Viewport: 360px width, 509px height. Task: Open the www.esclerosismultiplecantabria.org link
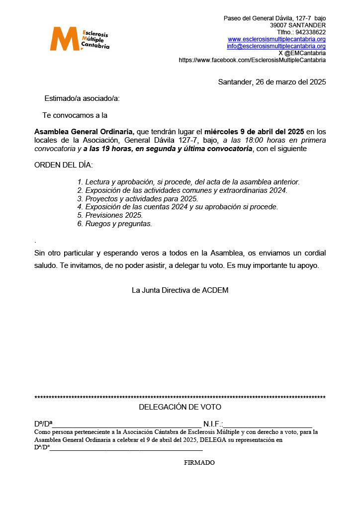pyautogui.click(x=276, y=39)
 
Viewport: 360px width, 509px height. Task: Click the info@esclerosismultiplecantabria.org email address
pyautogui.click(x=276, y=46)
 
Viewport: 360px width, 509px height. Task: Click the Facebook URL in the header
pyautogui.click(x=252, y=60)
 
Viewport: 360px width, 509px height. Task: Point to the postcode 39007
pyautogui.click(x=278, y=25)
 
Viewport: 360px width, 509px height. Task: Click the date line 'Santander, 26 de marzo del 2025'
pyautogui.click(x=272, y=82)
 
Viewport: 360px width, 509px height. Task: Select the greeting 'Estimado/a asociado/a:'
pyautogui.click(x=82, y=98)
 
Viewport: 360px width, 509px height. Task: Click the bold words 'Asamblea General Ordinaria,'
pyautogui.click(x=84, y=132)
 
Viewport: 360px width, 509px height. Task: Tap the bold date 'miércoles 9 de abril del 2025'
pyautogui.click(x=254, y=132)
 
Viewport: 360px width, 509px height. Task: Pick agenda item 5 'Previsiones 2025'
pyautogui.click(x=114, y=215)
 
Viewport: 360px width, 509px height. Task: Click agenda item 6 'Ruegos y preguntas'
pyautogui.click(x=118, y=224)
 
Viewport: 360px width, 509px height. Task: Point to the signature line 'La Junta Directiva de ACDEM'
pyautogui.click(x=180, y=290)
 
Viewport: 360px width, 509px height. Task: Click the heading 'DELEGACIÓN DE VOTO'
pyautogui.click(x=180, y=407)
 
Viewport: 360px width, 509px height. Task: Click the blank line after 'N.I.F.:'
pyautogui.click(x=268, y=424)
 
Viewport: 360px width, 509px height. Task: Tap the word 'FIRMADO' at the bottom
pyautogui.click(x=199, y=463)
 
